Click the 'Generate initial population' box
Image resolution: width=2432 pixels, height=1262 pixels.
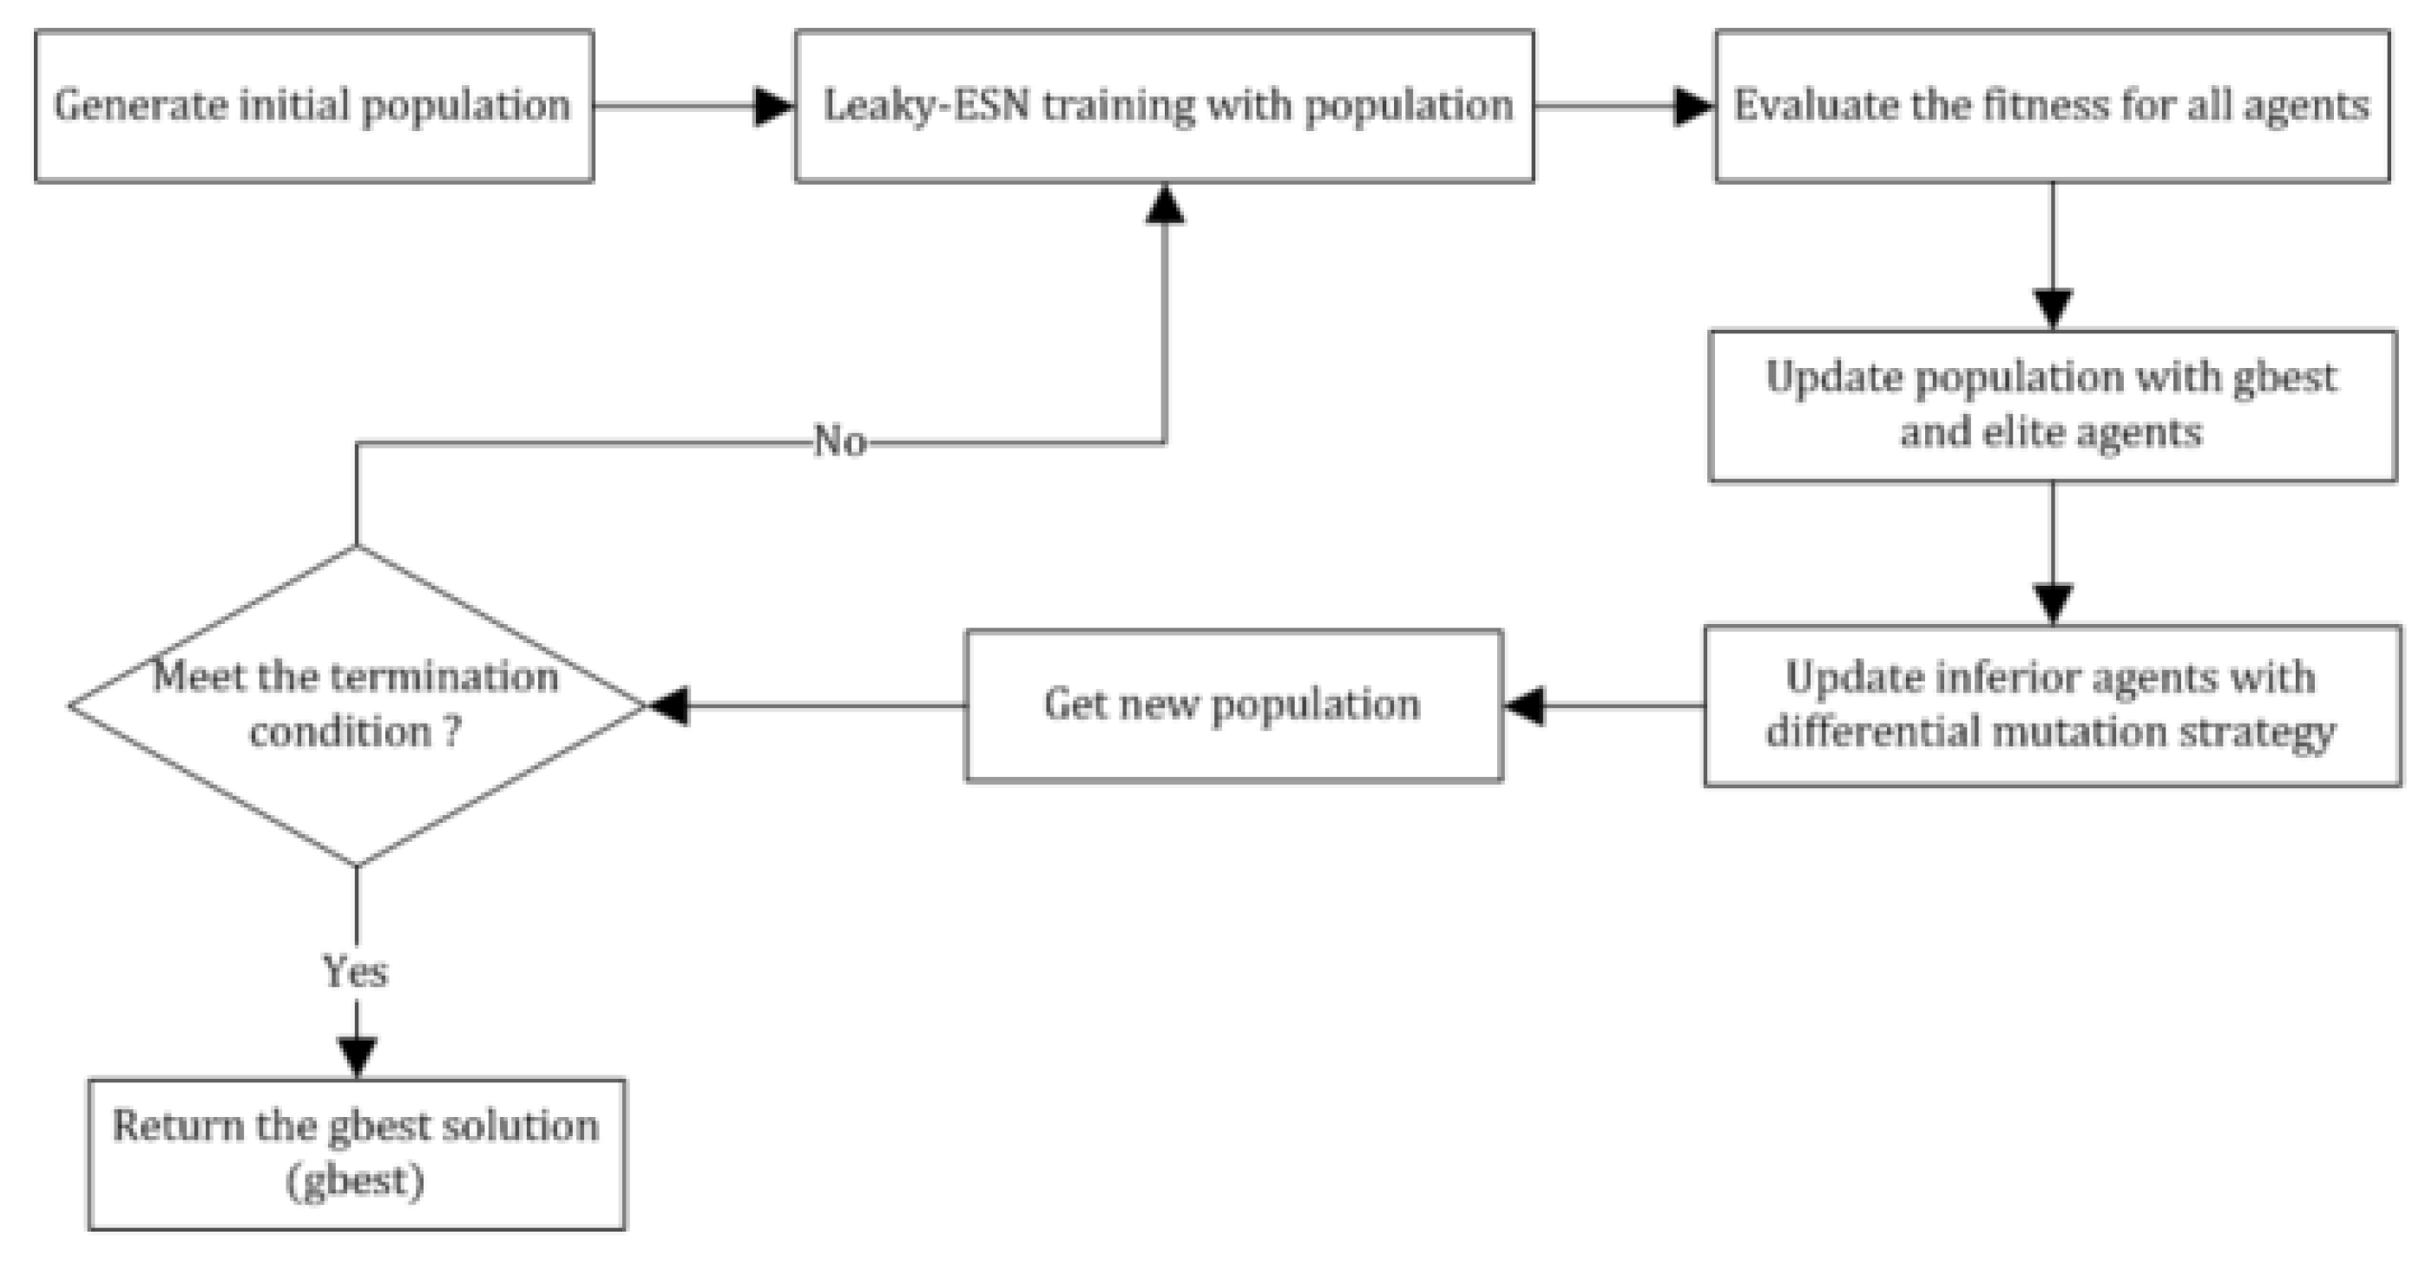pos(313,106)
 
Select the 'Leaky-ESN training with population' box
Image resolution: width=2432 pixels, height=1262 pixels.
pos(1164,106)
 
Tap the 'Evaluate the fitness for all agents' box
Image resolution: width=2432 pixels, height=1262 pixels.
pos(2052,106)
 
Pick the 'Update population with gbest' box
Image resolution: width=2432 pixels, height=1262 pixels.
pos(2052,406)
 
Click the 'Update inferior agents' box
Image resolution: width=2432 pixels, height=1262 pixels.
pos(2052,705)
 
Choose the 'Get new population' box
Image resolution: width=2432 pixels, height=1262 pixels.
pos(1233,705)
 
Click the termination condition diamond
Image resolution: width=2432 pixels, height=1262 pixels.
pos(356,705)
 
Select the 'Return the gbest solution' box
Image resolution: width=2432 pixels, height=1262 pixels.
pos(356,1154)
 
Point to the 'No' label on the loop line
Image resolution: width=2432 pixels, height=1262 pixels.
pos(839,441)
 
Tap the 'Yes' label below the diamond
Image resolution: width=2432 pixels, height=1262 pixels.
pos(356,971)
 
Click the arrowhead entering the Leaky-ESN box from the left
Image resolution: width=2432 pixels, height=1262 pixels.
pos(774,106)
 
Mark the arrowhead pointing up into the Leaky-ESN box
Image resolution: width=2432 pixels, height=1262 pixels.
pos(1164,204)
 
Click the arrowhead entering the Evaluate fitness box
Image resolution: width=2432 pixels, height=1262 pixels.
pos(1693,106)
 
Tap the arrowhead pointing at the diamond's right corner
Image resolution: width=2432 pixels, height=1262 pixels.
pos(668,705)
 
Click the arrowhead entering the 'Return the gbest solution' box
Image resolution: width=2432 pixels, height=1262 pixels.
pos(356,1057)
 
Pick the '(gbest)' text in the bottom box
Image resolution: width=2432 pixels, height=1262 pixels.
pos(356,1180)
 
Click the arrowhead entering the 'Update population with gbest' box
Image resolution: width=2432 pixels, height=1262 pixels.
pos(2052,309)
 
